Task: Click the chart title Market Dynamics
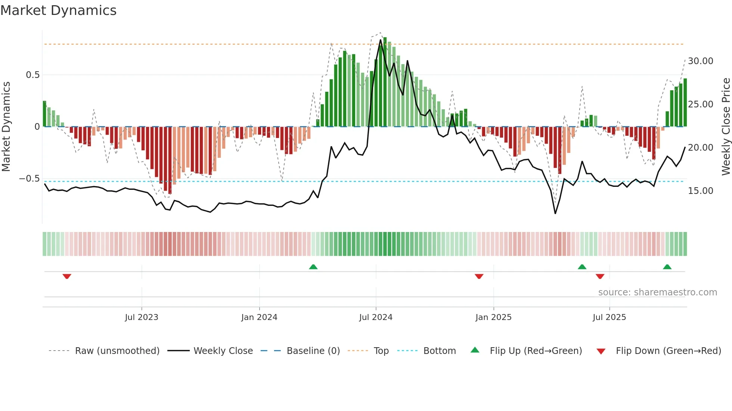coord(58,10)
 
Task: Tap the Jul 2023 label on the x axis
coord(142,317)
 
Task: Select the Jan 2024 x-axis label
coord(259,317)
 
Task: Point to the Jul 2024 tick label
coord(376,317)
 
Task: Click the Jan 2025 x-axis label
coord(493,317)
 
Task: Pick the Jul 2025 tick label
coord(609,317)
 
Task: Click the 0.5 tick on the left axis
coord(32,75)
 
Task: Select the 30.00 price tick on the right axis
coord(700,61)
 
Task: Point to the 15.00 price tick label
coord(700,191)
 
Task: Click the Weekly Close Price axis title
coord(726,127)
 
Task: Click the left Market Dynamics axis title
coord(6,127)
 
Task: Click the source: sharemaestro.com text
coord(657,292)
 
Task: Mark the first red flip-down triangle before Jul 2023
coord(67,276)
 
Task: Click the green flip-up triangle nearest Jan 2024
coord(313,267)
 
